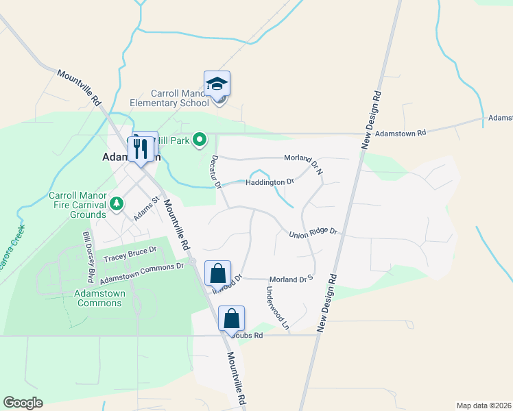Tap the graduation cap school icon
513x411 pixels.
click(217, 84)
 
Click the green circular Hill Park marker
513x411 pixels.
click(200, 140)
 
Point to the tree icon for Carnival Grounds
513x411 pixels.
click(117, 203)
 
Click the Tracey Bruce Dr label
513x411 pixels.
click(126, 257)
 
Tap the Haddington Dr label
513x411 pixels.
click(270, 182)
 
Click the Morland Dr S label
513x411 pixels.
click(291, 279)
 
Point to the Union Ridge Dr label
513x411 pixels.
click(313, 233)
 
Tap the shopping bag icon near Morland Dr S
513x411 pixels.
click(217, 273)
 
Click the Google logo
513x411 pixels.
click(23, 403)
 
